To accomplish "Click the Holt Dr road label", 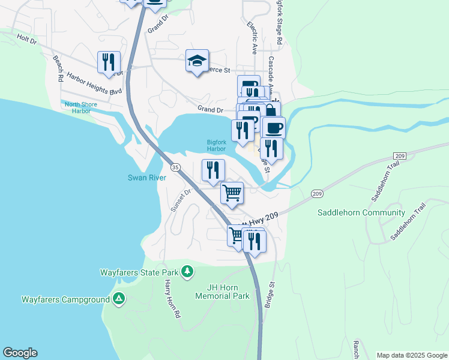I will point(27,43).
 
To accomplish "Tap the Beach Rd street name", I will point(58,68).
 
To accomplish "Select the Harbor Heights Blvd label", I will point(94,83).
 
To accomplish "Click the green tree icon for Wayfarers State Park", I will point(187,272).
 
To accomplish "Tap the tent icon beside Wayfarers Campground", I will point(119,299).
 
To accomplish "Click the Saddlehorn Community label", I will point(361,212).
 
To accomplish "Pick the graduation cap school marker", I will point(196,61).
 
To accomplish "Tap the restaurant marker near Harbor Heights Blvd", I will point(109,62).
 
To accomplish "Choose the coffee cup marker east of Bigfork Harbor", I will point(274,127).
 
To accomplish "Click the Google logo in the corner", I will point(20,353).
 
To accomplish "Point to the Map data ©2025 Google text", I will point(412,355).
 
